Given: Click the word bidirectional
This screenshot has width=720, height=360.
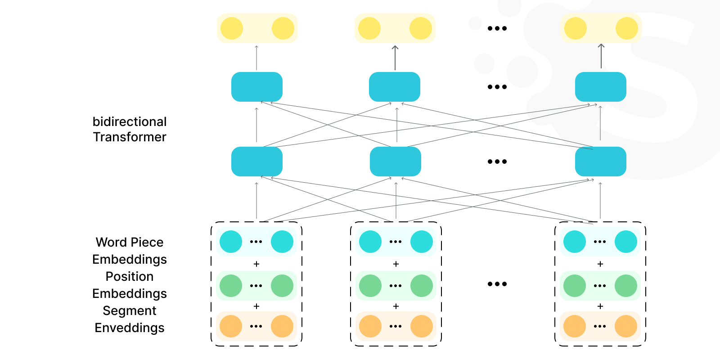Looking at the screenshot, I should pyautogui.click(x=130, y=122).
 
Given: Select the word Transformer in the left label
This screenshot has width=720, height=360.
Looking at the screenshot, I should pyautogui.click(x=130, y=137).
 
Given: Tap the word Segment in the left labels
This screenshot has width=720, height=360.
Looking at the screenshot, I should pyautogui.click(x=130, y=311).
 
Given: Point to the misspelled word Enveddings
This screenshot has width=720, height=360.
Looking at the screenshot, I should pyautogui.click(x=130, y=328).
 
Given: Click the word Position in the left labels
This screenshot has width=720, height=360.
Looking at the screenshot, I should pyautogui.click(x=130, y=277).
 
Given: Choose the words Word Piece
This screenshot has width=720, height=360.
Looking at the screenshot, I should pyautogui.click(x=130, y=243).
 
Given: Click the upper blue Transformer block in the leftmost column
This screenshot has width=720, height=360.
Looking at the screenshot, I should pyautogui.click(x=257, y=87).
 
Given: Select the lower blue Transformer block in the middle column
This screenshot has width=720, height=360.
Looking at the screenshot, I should pyautogui.click(x=396, y=162).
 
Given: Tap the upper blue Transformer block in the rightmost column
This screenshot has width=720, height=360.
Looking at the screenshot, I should pyautogui.click(x=601, y=87).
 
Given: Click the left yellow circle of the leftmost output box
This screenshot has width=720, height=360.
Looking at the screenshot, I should pyautogui.click(x=232, y=28).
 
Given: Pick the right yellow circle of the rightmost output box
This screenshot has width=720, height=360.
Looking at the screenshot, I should pyautogui.click(x=627, y=28).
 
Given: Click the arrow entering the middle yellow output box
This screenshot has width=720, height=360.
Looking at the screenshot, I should pyautogui.click(x=395, y=57).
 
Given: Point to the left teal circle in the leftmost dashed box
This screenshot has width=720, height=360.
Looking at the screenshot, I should pyautogui.click(x=231, y=242).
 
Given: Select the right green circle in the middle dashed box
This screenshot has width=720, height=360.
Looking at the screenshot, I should pyautogui.click(x=422, y=286).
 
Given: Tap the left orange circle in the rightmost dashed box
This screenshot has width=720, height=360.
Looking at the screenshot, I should pyautogui.click(x=575, y=326).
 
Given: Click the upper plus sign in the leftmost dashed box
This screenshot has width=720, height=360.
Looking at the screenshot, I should pyautogui.click(x=256, y=264).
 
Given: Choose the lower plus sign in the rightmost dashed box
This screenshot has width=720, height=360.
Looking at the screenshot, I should pyautogui.click(x=600, y=306).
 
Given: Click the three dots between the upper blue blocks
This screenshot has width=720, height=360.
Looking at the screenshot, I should pyautogui.click(x=497, y=87).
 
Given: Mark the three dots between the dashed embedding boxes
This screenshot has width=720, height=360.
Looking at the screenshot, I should pyautogui.click(x=497, y=284).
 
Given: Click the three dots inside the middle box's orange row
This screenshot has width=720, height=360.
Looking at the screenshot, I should pyautogui.click(x=396, y=326).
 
